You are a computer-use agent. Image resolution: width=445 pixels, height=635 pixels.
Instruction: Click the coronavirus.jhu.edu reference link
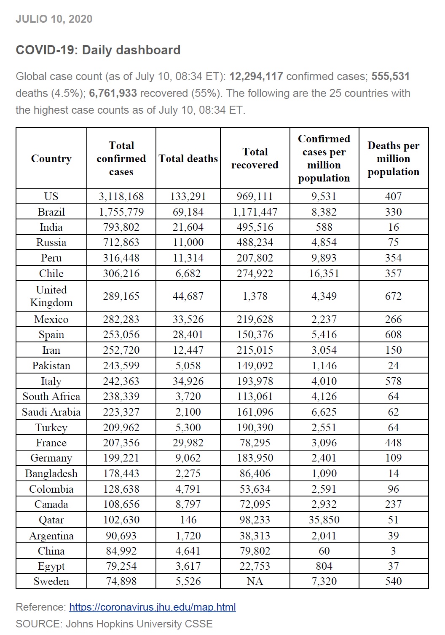click(x=152, y=607)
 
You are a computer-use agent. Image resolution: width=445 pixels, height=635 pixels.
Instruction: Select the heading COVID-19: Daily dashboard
click(x=98, y=50)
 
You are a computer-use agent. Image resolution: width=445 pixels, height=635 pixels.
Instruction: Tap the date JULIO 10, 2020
click(x=54, y=19)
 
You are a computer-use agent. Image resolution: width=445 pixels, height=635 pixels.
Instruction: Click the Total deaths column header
click(x=188, y=159)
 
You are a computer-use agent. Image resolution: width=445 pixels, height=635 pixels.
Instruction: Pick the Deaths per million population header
click(x=393, y=159)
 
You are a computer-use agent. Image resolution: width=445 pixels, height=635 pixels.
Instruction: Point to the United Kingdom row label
click(x=51, y=296)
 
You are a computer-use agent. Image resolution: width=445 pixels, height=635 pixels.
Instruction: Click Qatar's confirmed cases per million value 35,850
click(x=324, y=520)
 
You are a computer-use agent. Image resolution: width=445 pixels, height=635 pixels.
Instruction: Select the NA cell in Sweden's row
click(x=255, y=581)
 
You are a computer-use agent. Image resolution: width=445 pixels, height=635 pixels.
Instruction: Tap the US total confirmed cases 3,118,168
click(x=121, y=196)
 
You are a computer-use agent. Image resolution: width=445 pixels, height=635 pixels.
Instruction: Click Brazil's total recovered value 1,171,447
click(x=255, y=212)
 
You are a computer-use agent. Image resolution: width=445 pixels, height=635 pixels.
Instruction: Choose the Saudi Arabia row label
click(x=51, y=412)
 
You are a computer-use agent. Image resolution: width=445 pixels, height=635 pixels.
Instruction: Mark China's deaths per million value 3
click(x=393, y=551)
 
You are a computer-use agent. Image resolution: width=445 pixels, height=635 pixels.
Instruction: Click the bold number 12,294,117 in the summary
click(x=256, y=76)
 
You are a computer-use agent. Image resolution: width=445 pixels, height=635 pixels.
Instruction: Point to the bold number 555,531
click(x=391, y=76)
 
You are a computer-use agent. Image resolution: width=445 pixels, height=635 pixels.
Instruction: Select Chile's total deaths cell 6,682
click(x=188, y=273)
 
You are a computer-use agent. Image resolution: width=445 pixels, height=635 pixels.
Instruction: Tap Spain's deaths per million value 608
click(x=393, y=335)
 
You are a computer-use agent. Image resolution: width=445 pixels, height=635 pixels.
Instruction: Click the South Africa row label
click(x=51, y=396)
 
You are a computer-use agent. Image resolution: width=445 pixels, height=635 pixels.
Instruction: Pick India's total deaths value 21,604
click(x=188, y=227)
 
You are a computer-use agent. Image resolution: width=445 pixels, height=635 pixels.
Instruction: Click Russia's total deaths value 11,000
click(x=188, y=242)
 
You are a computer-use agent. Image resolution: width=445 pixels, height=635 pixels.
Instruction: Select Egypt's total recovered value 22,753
click(x=255, y=566)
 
